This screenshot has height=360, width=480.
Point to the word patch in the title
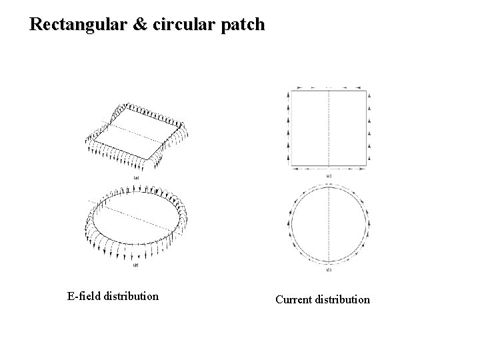coord(245,25)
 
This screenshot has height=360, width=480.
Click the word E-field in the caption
coord(84,295)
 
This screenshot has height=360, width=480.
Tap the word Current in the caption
coord(294,299)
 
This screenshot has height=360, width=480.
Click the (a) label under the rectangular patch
coord(136,178)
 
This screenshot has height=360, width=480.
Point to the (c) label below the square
coord(329,175)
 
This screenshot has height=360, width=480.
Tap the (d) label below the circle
coord(329,270)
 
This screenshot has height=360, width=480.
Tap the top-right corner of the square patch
coord(367,91)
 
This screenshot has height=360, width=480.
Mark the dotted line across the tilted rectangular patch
coord(137,133)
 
